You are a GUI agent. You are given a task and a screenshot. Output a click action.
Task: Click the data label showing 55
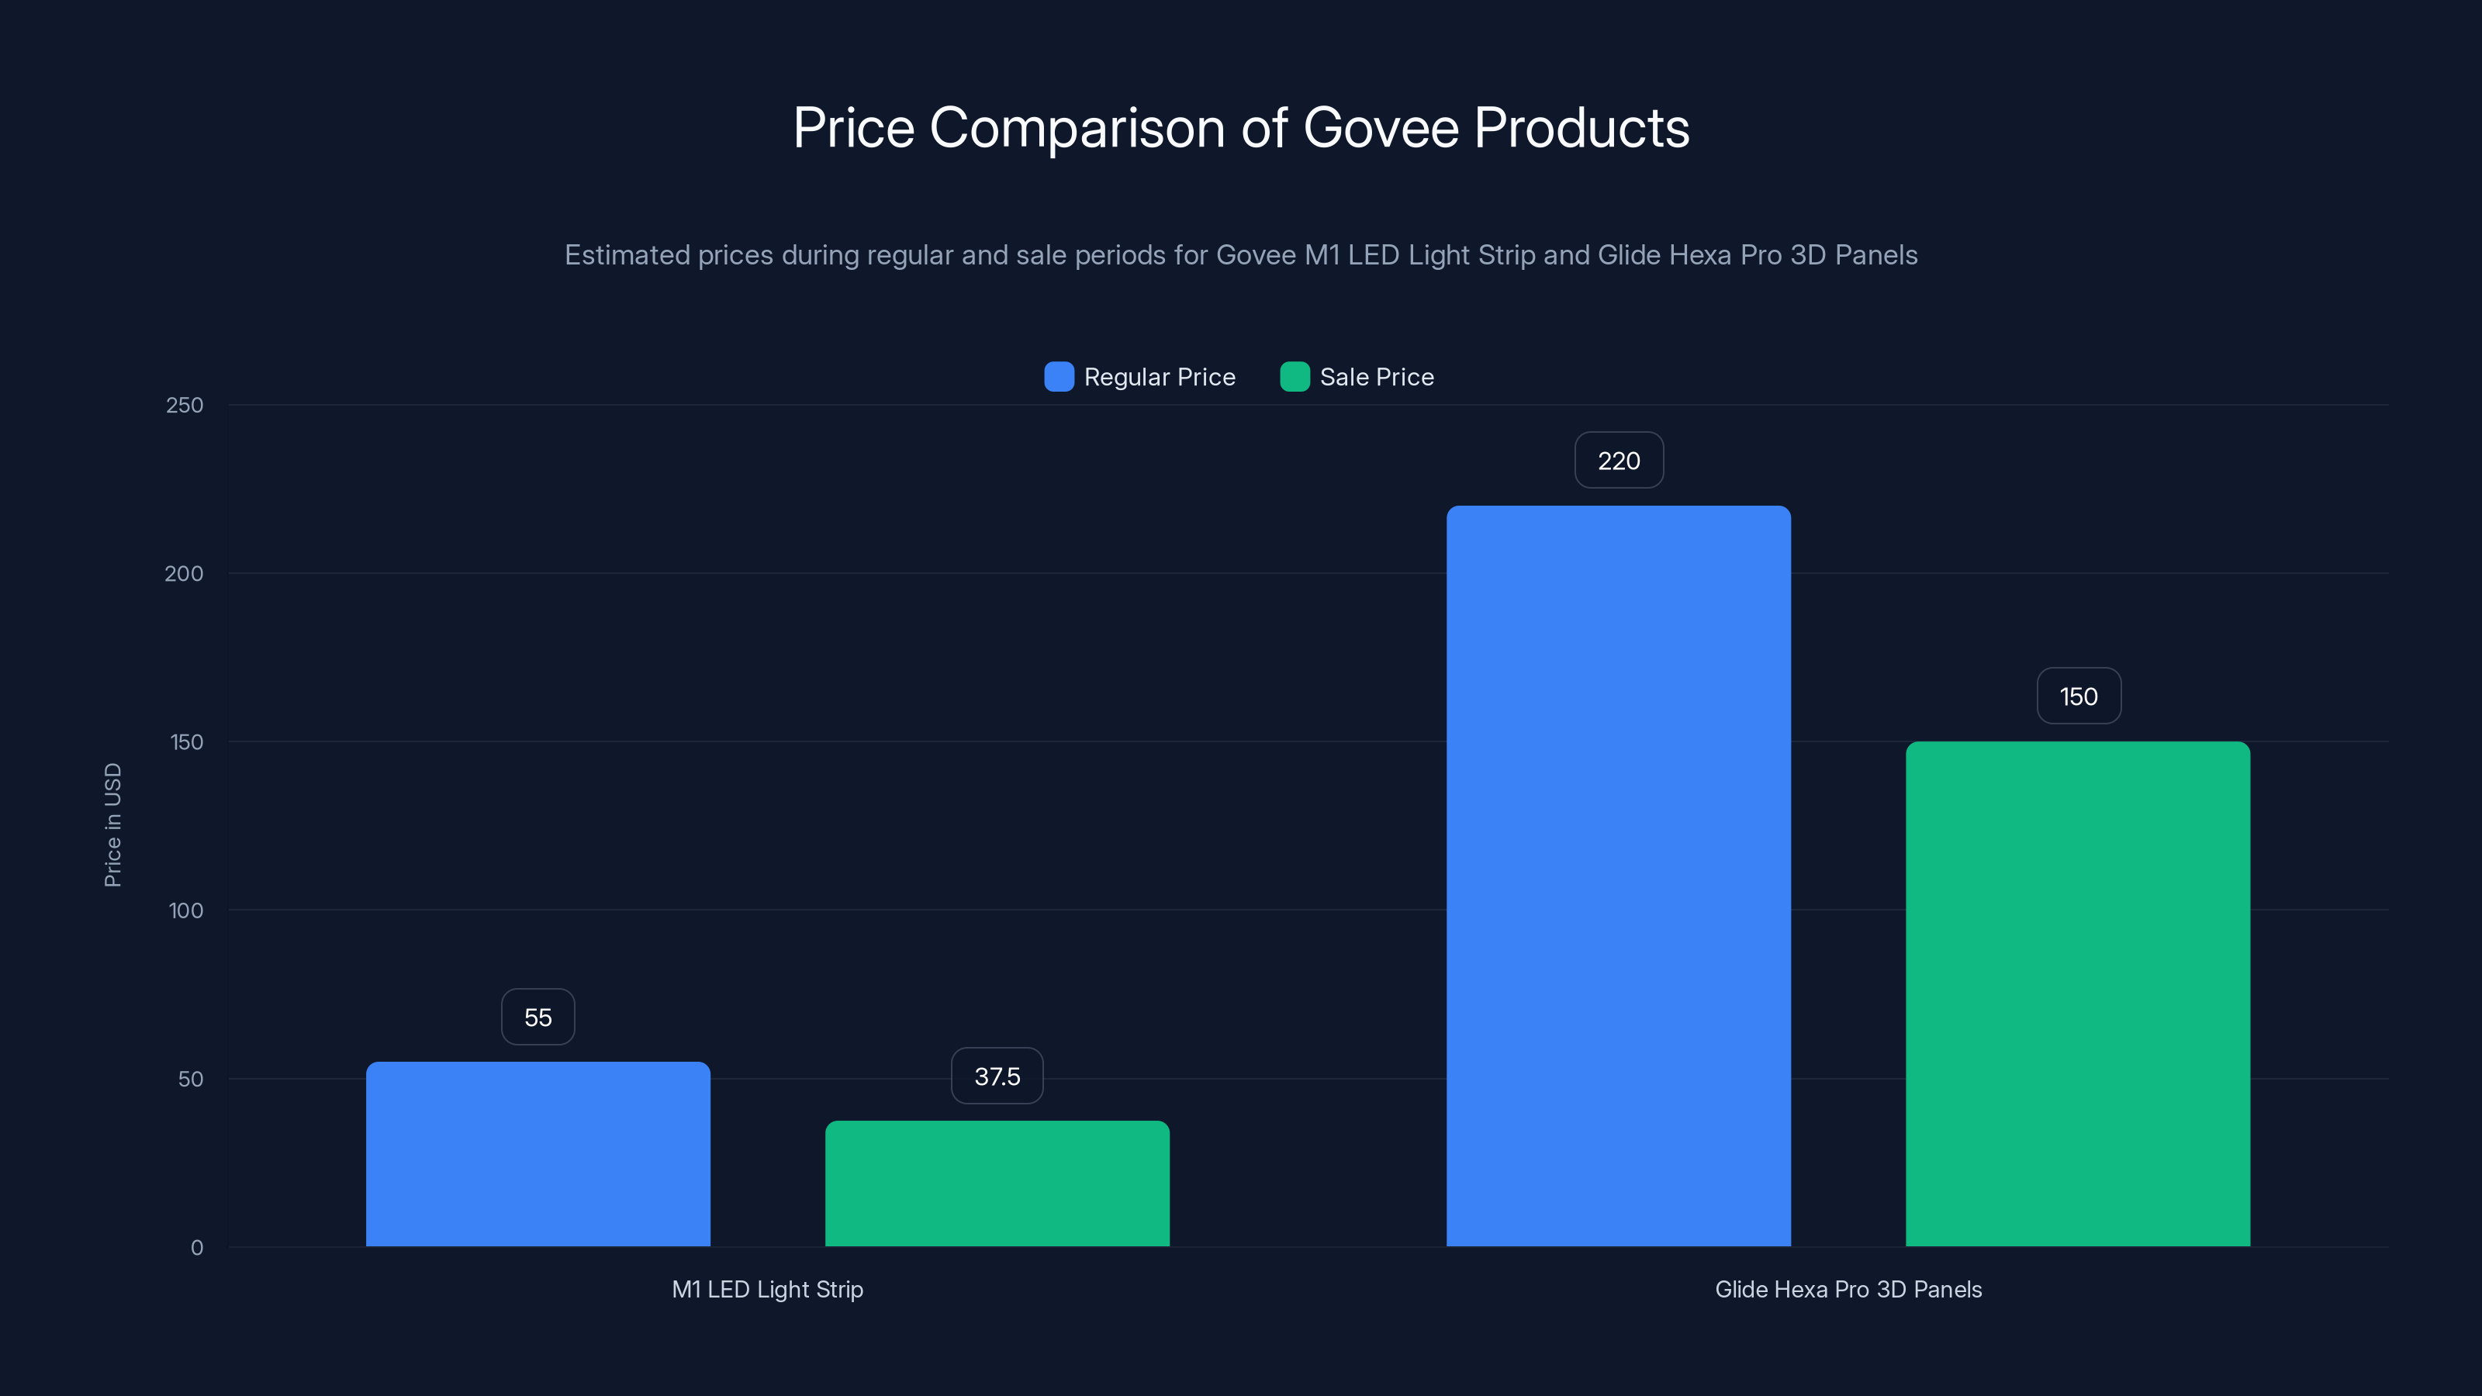click(x=538, y=1018)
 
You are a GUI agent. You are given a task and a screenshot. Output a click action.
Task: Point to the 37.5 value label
click(x=997, y=1076)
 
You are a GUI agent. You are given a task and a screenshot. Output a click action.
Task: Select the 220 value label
click(x=1619, y=461)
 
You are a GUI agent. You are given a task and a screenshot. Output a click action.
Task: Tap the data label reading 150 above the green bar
click(x=2079, y=696)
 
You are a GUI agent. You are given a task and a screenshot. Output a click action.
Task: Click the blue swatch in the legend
click(x=1059, y=377)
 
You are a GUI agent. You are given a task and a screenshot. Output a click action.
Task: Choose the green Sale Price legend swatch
click(x=1294, y=377)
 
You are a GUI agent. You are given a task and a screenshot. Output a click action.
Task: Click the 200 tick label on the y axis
click(x=184, y=574)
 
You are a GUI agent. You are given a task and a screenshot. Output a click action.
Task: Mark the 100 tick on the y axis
click(x=186, y=911)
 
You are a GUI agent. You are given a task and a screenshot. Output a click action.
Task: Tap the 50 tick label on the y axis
click(x=191, y=1079)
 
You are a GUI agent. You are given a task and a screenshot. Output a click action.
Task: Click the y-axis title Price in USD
click(x=112, y=824)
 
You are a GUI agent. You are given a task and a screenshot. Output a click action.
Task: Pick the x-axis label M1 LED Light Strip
click(x=767, y=1289)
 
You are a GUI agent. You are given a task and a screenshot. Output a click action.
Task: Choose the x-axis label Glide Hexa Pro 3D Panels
click(x=1848, y=1289)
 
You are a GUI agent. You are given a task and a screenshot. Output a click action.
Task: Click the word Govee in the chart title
click(x=1381, y=128)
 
